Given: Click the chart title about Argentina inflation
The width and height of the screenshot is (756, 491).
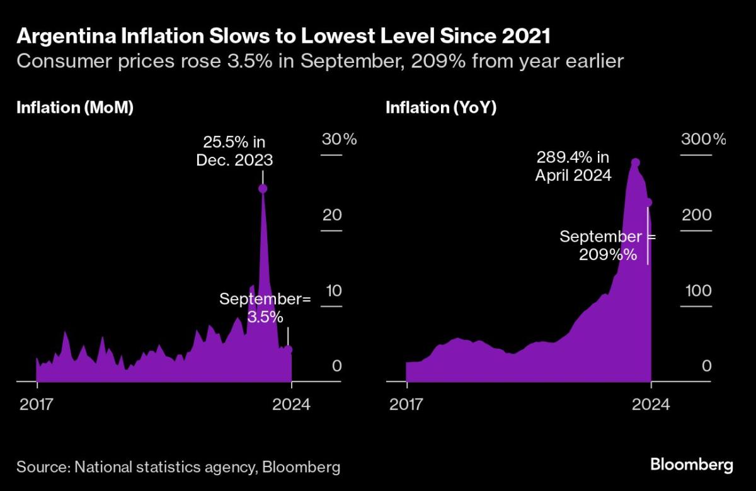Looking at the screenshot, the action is pos(283,36).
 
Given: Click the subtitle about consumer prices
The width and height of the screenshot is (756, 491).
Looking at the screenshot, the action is pos(320,62).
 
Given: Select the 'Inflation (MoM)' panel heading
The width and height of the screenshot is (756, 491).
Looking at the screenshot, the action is pos(75,108).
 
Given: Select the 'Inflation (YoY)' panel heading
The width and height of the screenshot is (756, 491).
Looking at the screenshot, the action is pos(441,108).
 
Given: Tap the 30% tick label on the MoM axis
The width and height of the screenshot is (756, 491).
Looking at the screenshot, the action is pos(339,139).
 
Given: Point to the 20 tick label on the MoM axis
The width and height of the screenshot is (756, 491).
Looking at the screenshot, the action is pos(332,215).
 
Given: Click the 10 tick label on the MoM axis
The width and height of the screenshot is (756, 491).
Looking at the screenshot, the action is pos(334,291).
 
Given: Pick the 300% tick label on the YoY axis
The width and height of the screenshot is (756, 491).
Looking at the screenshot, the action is pos(703,139).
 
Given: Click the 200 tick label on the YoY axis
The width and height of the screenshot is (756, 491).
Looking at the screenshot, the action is pos(697,215).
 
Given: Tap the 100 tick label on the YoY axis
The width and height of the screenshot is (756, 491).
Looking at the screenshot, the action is pos(698,291).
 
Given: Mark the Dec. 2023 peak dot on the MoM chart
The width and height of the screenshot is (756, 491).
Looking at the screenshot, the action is pos(263,188).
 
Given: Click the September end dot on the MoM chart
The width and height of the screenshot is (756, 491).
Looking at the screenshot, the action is pos(288,349).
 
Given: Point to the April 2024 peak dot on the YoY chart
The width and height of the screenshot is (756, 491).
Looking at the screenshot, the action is pos(636,163).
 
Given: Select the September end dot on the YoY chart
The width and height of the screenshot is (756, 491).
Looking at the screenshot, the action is pos(648,203).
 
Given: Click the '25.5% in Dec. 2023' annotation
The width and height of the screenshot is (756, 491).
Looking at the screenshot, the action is pos(234,151).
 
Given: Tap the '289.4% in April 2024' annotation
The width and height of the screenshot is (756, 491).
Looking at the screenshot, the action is pos(573,167).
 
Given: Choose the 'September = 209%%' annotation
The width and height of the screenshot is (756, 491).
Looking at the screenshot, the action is pos(607,245).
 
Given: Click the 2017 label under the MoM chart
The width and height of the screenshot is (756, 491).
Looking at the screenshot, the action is pos(36,404).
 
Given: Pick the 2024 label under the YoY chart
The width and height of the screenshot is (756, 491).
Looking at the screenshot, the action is pos(651,404).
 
